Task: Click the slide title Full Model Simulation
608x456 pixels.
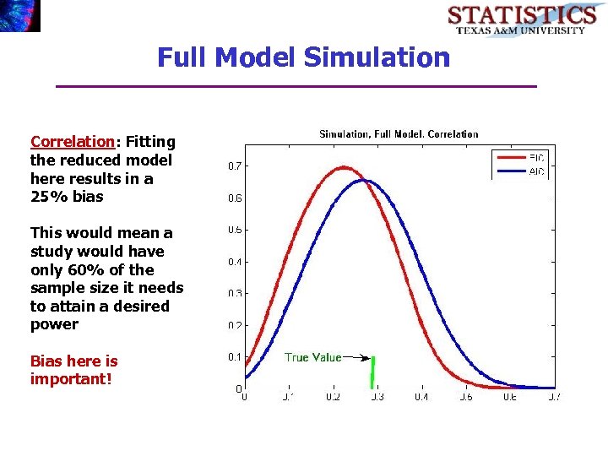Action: [x=303, y=57]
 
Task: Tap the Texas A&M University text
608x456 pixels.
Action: [x=521, y=30]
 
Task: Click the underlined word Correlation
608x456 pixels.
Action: [x=72, y=142]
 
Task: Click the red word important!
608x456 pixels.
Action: [x=70, y=378]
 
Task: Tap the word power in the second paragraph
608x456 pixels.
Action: [x=54, y=324]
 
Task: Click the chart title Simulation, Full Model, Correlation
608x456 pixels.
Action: [x=398, y=134]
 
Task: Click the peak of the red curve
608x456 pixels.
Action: [x=343, y=167]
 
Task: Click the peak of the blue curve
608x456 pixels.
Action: [x=363, y=180]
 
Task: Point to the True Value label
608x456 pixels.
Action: [x=312, y=357]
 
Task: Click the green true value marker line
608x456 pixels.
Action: [x=372, y=372]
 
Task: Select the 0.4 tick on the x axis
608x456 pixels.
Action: [x=421, y=397]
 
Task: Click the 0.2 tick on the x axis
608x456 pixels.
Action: [x=333, y=397]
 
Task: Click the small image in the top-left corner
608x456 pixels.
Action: [x=19, y=15]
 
